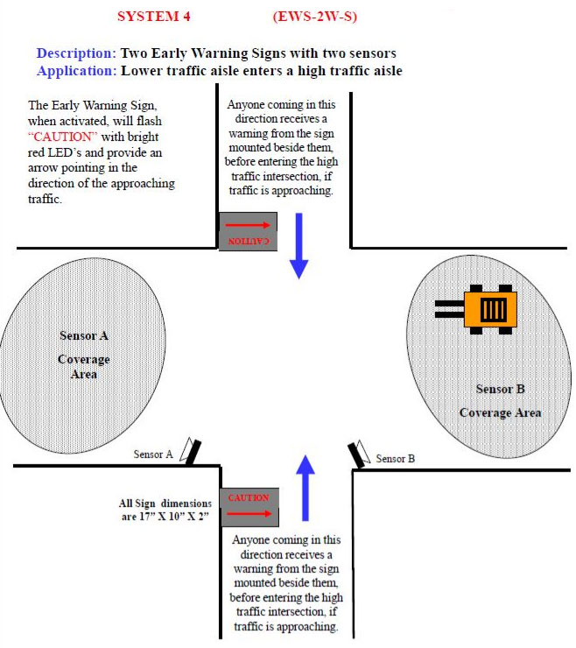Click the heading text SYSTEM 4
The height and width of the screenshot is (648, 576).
(153, 16)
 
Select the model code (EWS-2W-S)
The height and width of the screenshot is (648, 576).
(314, 16)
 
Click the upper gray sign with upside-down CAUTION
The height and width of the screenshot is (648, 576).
(249, 231)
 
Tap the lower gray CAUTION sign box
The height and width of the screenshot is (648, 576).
(249, 506)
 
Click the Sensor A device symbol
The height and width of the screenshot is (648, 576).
(190, 450)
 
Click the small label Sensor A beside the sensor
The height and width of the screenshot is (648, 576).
(153, 454)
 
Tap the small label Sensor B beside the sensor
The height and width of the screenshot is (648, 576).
(395, 458)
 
